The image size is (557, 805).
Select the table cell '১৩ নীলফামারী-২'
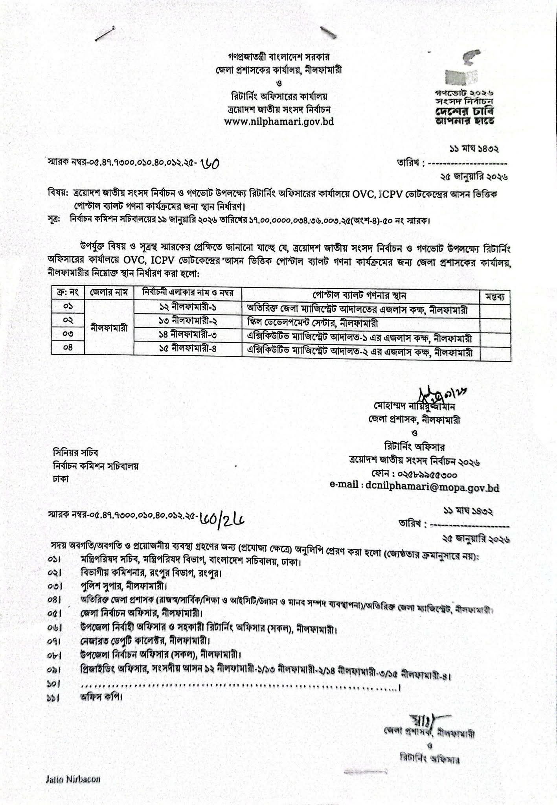pyautogui.click(x=188, y=321)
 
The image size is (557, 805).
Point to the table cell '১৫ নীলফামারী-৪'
pyautogui.click(x=188, y=349)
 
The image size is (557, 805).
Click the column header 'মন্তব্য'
pyautogui.click(x=496, y=296)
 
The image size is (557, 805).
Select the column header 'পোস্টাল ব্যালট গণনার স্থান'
pyautogui.click(x=359, y=295)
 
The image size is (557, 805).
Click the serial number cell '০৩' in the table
pyautogui.click(x=68, y=334)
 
